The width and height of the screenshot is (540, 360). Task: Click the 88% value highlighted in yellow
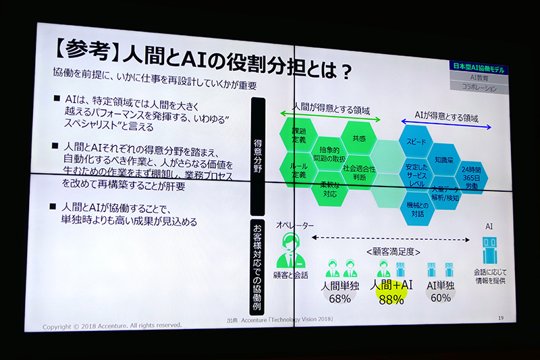[x=391, y=299]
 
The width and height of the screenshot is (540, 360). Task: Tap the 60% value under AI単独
[x=440, y=297]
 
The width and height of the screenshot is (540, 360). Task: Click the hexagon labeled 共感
[x=358, y=138]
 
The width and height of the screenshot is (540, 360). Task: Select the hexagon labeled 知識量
[x=443, y=160]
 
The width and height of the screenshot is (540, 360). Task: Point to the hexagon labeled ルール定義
[x=298, y=170]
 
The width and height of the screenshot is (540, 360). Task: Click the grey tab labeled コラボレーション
[x=480, y=88]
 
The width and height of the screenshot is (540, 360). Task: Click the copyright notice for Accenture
[x=111, y=326]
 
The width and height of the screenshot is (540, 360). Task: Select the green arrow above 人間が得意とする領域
[x=329, y=120]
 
